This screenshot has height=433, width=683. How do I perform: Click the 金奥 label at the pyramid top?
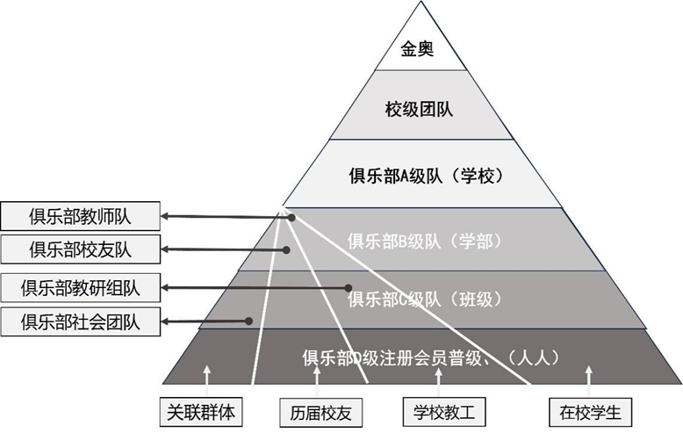(x=420, y=50)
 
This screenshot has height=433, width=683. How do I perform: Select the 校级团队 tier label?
(x=420, y=109)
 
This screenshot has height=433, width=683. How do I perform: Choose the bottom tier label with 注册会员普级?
(x=429, y=357)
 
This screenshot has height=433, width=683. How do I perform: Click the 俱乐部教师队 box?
(x=80, y=215)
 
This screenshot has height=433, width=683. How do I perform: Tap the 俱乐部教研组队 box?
(x=80, y=287)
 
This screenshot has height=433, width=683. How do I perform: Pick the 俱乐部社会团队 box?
(x=80, y=321)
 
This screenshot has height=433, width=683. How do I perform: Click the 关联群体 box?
(x=201, y=411)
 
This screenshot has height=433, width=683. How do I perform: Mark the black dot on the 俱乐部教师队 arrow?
(x=291, y=218)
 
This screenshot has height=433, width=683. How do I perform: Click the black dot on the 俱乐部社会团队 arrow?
(x=249, y=321)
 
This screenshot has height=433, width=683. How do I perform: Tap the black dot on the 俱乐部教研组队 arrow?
(x=349, y=287)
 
